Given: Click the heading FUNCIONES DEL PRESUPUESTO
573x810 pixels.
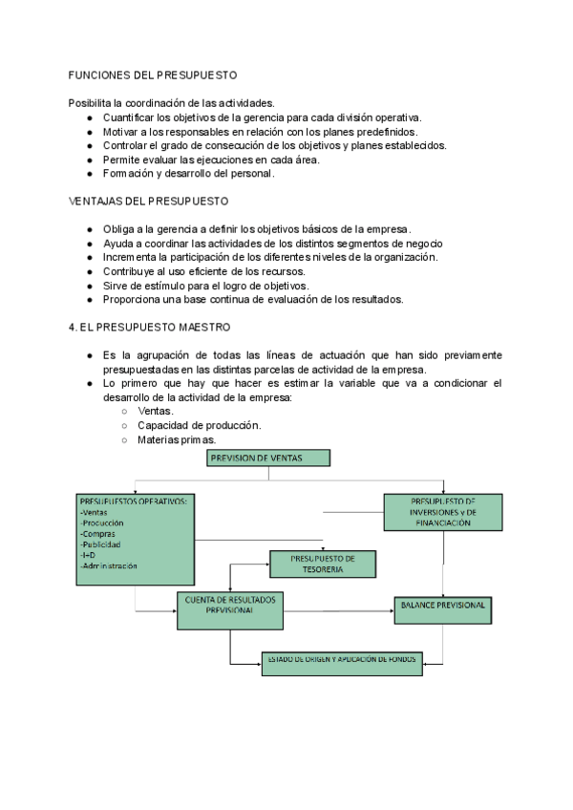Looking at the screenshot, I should point(153,75).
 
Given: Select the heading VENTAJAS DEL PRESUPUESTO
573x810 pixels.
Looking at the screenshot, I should point(149,202).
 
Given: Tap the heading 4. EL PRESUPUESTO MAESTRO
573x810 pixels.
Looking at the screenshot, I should point(149,327).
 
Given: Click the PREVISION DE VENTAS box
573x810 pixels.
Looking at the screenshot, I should point(268,458).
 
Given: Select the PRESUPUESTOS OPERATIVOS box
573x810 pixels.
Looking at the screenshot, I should point(136,538).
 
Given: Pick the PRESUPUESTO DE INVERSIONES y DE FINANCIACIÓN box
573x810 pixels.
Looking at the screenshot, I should point(443,511).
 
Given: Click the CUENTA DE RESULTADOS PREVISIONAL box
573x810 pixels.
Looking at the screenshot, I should point(230,610).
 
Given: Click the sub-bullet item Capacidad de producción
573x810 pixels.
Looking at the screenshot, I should point(199,425).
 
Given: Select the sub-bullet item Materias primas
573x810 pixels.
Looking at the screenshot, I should point(177,440).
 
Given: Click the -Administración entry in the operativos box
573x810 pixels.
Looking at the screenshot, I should point(110,565).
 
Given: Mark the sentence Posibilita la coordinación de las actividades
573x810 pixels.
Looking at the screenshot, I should point(172,103).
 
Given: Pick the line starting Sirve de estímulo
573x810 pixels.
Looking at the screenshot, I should point(206,285).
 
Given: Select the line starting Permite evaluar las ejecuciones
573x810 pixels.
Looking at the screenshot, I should point(211,160).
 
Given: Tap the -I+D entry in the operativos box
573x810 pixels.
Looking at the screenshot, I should point(90,555).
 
